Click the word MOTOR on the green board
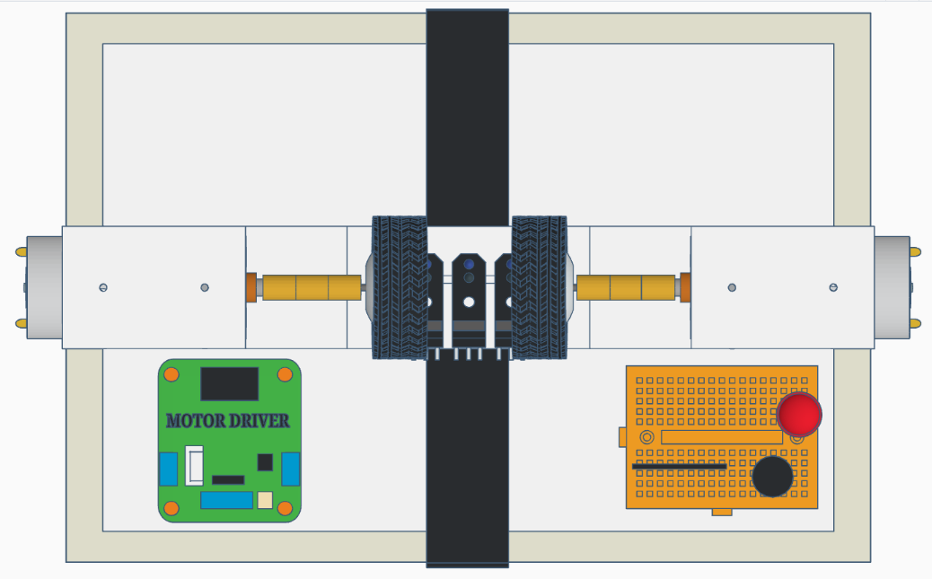click(194, 421)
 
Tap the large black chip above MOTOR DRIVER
click(229, 383)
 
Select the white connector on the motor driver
click(194, 465)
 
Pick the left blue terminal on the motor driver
click(168, 469)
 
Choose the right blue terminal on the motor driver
click(290, 469)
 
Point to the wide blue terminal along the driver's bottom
click(226, 500)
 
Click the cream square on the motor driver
click(265, 500)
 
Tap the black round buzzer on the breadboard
click(772, 476)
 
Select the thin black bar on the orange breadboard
click(679, 467)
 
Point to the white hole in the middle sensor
click(468, 302)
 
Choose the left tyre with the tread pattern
click(400, 287)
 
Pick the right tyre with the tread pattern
click(539, 287)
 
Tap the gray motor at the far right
click(892, 287)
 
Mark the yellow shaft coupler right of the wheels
click(626, 287)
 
